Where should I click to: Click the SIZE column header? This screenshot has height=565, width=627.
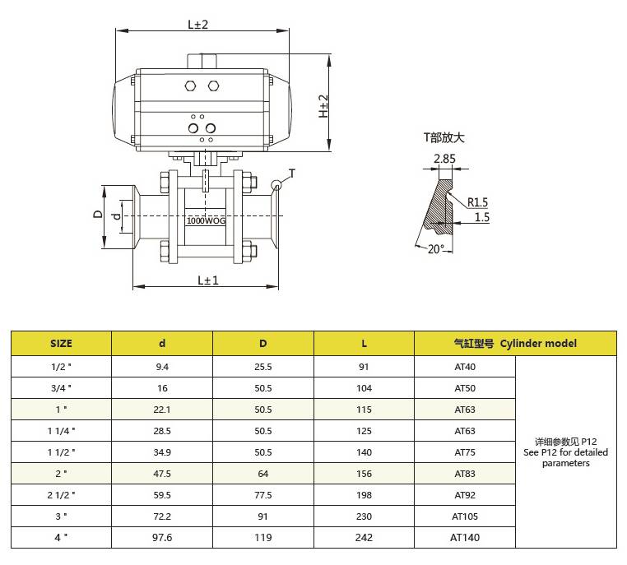coord(61,344)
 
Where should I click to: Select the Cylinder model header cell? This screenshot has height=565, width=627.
coord(515,344)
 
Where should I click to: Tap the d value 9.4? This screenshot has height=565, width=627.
coord(162,367)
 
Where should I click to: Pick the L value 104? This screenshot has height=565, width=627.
coord(364,388)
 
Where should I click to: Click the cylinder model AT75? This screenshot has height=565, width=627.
coord(465,452)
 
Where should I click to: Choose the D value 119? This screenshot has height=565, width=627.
coord(263,537)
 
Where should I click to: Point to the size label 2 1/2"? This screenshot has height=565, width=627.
coord(61,495)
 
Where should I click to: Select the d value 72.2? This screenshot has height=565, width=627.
coord(162,516)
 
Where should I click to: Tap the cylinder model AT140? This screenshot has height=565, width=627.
coord(465,537)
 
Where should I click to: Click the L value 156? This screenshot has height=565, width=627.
coord(364,474)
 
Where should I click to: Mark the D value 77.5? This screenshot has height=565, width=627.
coord(263,495)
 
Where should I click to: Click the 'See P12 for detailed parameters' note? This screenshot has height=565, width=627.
coord(566,457)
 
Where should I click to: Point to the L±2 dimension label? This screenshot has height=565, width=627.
coord(198,25)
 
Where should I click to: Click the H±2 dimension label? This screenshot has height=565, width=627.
coord(323,106)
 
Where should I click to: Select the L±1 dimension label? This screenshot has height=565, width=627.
coord(208,280)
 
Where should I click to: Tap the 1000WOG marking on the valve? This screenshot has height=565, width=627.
coord(206,220)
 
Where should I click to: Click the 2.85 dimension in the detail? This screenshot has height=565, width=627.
coord(444,159)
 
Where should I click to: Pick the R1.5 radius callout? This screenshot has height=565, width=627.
coord(477,202)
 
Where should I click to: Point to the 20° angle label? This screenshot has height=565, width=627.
coord(435,249)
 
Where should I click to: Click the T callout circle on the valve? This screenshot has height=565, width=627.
coord(276,185)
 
